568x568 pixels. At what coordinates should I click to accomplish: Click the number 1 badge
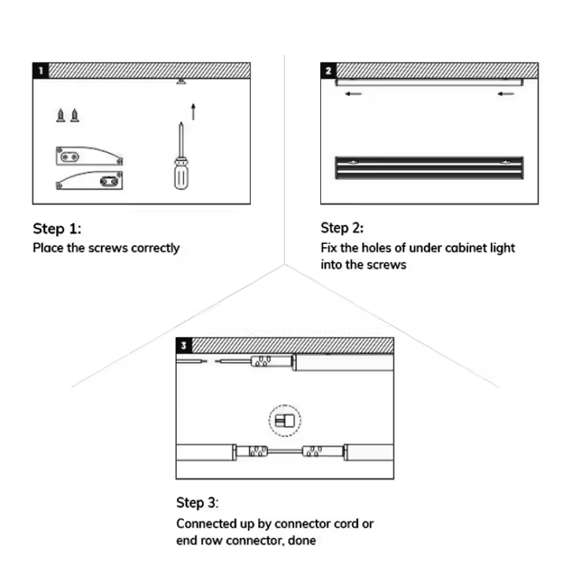click(x=39, y=69)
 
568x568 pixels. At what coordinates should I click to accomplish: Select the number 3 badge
click(x=184, y=344)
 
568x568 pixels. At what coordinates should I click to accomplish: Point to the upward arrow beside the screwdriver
click(x=192, y=110)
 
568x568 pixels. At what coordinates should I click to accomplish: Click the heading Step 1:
click(x=57, y=229)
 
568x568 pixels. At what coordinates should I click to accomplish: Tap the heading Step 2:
click(x=342, y=229)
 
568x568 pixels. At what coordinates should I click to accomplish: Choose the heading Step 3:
click(x=198, y=503)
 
